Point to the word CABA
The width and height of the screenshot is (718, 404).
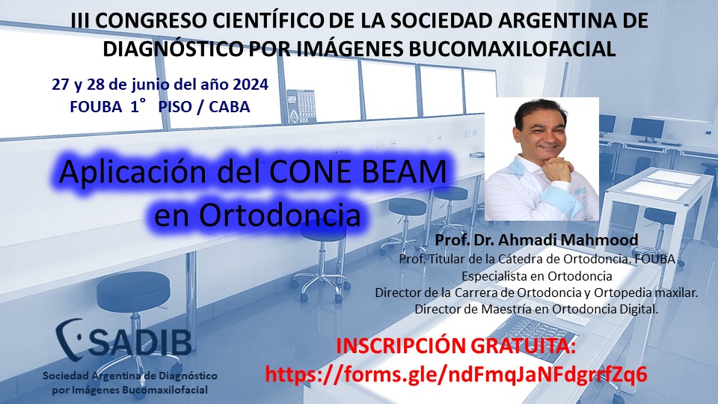[230, 107]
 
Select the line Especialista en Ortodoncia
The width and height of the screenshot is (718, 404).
[536, 275]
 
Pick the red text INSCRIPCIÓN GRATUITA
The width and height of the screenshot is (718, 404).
[457, 347]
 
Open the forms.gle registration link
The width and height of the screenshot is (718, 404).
[456, 374]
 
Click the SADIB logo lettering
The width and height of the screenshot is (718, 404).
[140, 340]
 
